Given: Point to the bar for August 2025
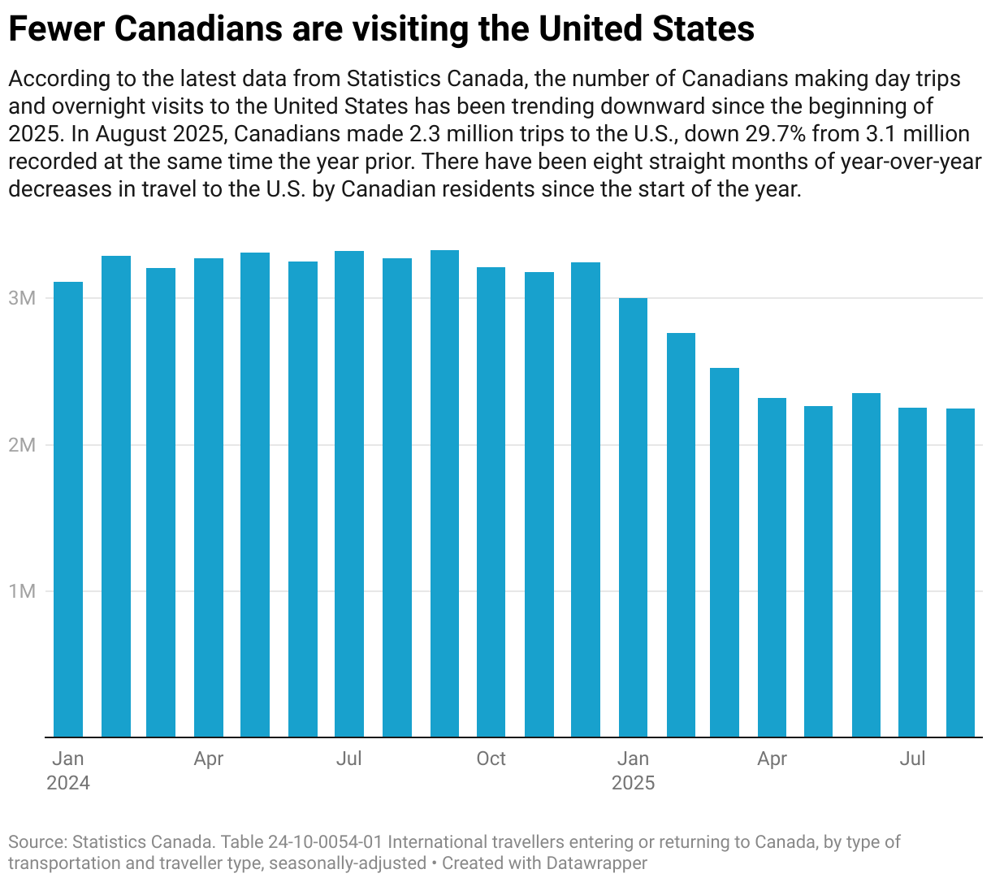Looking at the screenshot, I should [960, 573].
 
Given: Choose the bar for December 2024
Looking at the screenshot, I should [586, 499].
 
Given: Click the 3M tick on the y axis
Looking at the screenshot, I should [22, 298].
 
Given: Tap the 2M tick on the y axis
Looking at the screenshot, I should [22, 445].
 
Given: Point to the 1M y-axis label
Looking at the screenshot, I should [22, 591].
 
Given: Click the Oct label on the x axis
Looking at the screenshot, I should [491, 759].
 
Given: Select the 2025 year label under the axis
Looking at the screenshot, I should [633, 783].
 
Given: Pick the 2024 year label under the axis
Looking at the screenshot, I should [68, 783].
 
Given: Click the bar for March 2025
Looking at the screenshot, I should [725, 552].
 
